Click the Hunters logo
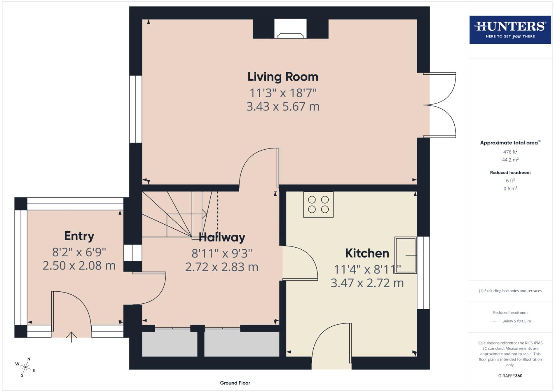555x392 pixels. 510,30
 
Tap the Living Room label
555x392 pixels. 283,77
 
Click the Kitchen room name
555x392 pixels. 367,253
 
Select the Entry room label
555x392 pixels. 79,236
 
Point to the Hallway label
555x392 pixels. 222,237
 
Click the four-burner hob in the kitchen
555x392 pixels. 318,205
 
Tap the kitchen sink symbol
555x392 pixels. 406,255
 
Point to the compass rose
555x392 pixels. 25,367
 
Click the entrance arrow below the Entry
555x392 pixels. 71,337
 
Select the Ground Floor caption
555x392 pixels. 235,383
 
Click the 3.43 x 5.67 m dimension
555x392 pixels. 283,107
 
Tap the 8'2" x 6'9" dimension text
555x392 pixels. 79,252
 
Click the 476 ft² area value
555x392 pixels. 510,152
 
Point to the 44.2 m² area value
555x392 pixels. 510,160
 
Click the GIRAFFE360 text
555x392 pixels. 510,376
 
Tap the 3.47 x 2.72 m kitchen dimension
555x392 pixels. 367,283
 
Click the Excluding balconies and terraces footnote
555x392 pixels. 510,291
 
